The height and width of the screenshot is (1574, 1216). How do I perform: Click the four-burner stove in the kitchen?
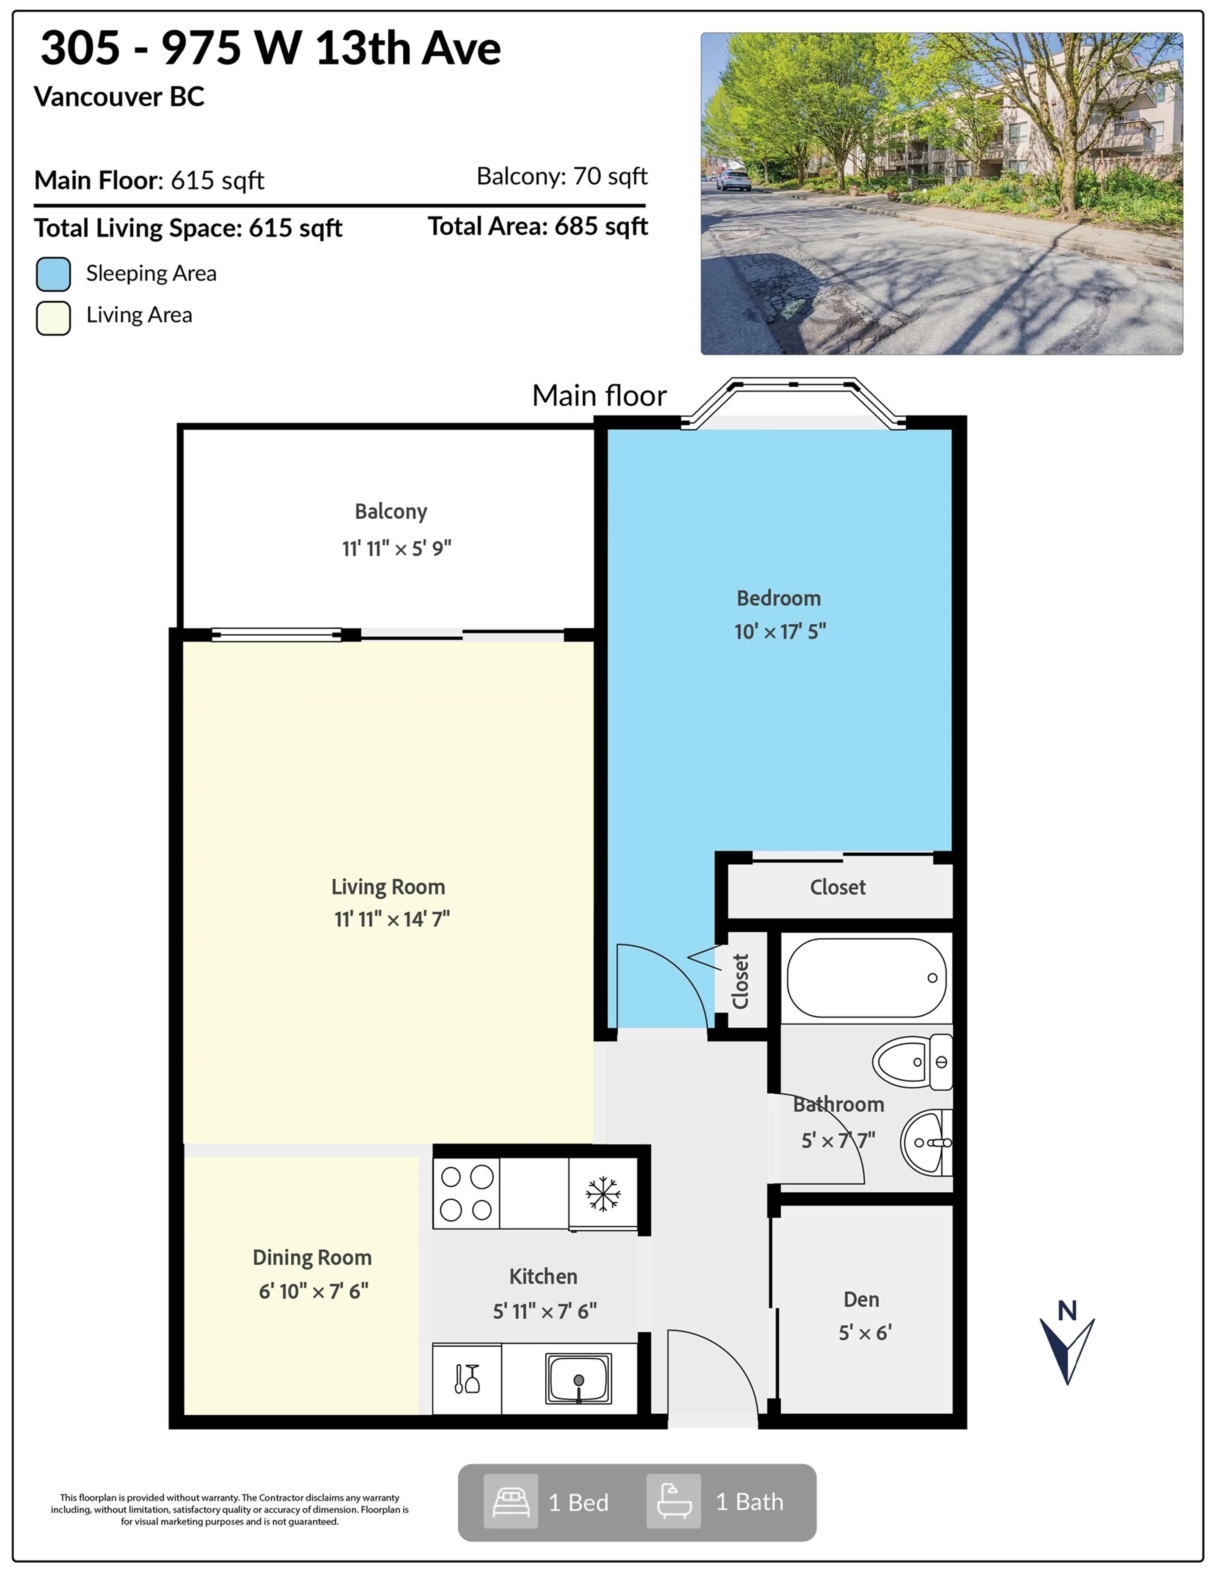[466, 1193]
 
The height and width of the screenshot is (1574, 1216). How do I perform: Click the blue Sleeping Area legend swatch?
[53, 274]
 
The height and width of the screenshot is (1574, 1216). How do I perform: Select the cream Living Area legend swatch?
[53, 318]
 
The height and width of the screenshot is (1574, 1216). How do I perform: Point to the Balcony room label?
[391, 512]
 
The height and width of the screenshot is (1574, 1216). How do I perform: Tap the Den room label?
[861, 1299]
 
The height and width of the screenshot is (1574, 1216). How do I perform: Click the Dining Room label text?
[312, 1258]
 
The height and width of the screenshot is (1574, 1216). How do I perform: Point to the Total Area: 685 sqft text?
[538, 226]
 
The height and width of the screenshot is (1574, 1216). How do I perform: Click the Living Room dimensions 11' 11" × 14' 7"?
[391, 919]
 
